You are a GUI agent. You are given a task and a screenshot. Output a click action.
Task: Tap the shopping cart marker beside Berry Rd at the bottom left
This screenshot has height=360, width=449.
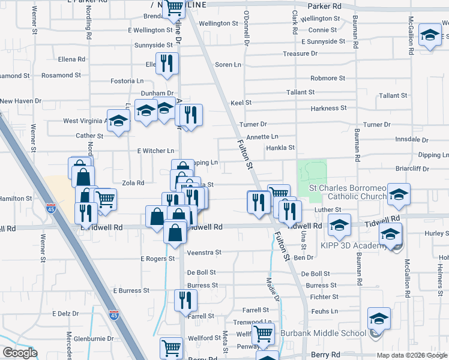[171, 347]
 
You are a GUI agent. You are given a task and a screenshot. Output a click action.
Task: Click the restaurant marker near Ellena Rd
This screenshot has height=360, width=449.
[167, 64]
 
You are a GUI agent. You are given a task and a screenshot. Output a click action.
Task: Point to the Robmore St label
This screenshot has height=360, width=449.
[328, 79]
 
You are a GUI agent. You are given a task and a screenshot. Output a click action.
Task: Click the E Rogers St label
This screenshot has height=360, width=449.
[157, 259]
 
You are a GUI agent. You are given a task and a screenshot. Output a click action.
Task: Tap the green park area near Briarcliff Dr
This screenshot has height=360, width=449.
[312, 173]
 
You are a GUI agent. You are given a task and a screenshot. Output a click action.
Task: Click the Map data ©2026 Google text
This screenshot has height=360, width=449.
[411, 355]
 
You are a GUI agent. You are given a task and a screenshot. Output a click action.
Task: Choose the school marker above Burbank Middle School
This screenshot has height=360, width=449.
[379, 318]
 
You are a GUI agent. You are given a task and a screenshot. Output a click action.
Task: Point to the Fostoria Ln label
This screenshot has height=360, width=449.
[127, 81]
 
